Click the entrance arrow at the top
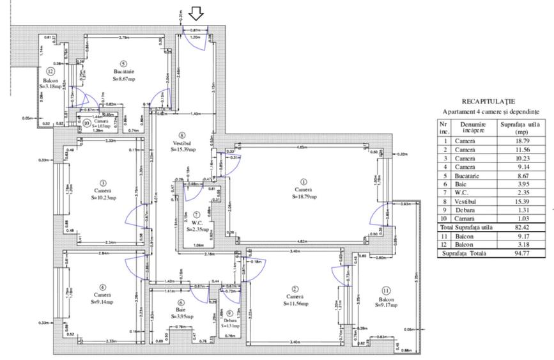(197, 13)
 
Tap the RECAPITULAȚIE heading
(489, 101)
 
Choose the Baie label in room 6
(181, 309)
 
